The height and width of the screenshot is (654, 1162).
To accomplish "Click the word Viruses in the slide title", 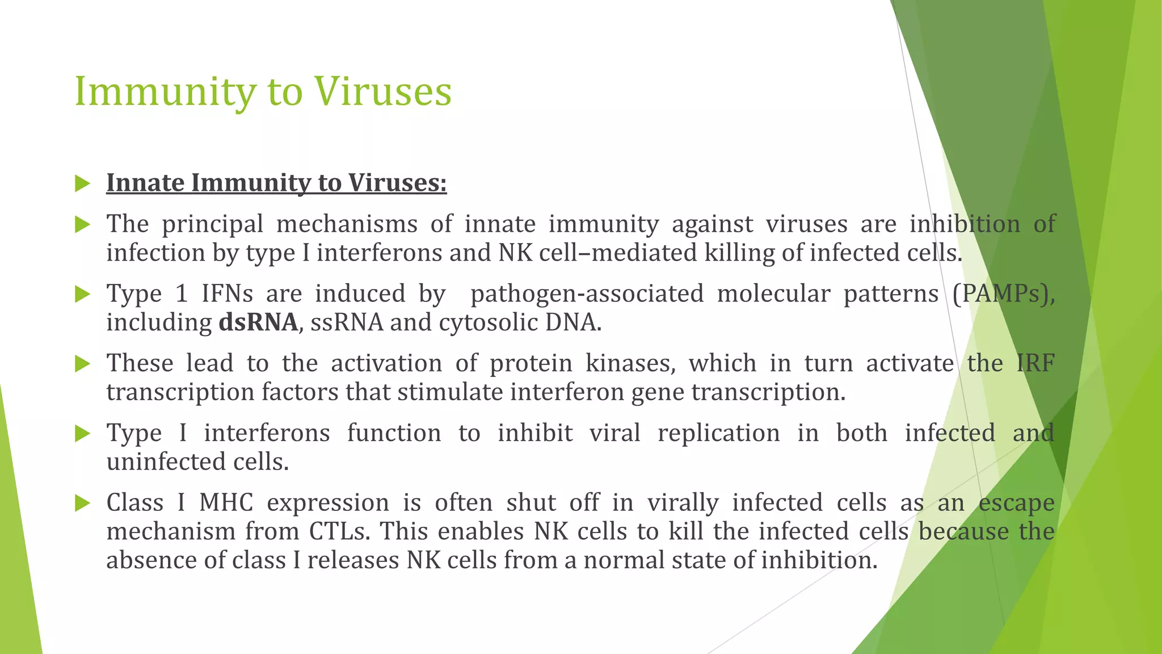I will [383, 92].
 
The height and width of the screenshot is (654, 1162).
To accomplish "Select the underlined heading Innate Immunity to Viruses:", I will [276, 183].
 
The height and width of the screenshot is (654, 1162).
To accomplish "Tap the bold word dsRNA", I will [258, 322].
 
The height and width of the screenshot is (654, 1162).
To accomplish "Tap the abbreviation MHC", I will [226, 503].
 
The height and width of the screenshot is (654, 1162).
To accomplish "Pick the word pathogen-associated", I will [587, 294].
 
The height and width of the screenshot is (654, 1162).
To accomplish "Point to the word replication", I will [718, 433].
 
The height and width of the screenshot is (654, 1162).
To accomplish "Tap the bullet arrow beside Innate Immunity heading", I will [82, 183].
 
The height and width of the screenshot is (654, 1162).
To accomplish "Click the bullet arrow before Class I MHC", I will [82, 503].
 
